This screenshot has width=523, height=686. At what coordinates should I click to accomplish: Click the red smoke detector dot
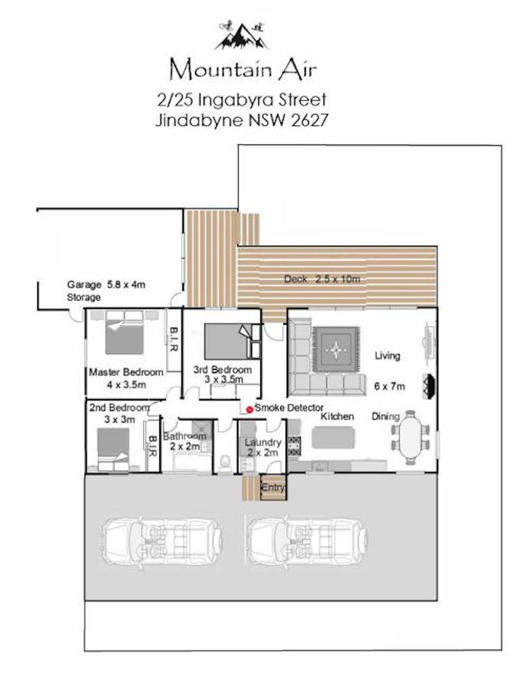point(249,410)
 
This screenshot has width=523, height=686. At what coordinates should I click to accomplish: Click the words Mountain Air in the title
point(243,70)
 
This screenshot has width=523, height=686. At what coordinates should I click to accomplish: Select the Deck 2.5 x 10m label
point(322,279)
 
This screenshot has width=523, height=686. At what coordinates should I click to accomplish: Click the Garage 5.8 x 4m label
point(106,285)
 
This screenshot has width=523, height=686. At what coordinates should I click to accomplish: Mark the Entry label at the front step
point(273,487)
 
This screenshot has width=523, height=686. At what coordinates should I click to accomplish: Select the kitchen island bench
point(333,438)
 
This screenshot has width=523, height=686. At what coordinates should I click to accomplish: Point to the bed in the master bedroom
point(124,333)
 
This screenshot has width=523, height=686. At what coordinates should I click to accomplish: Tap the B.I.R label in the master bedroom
point(174,339)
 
